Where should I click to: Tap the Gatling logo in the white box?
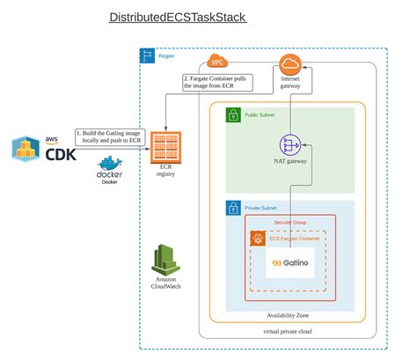289,263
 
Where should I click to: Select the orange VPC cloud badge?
217,62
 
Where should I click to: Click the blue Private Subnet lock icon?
234,209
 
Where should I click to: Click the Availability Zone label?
293,314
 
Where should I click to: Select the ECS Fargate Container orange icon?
259,238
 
